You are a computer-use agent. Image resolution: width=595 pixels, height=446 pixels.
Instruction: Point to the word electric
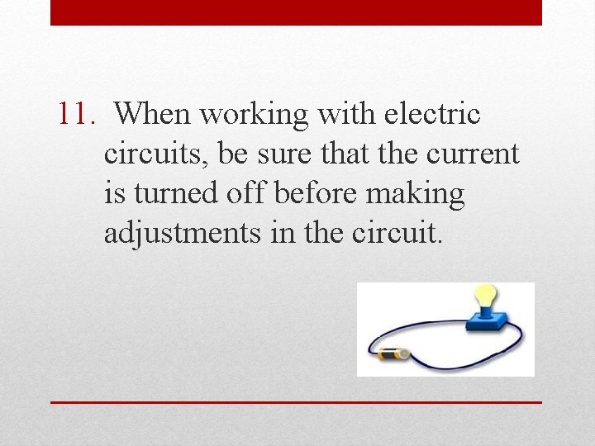pos(433,114)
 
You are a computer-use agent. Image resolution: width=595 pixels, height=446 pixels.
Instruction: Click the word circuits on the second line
pos(156,154)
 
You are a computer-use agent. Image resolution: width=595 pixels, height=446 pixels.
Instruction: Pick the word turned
pos(178,194)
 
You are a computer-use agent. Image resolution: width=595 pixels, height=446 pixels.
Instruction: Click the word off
pos(251,194)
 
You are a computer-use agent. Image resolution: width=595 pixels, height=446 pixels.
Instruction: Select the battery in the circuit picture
pos(393,355)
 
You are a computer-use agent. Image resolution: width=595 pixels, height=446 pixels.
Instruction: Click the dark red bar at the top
pos(296,12)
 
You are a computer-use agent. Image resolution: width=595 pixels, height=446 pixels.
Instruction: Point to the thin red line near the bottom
pos(296,402)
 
